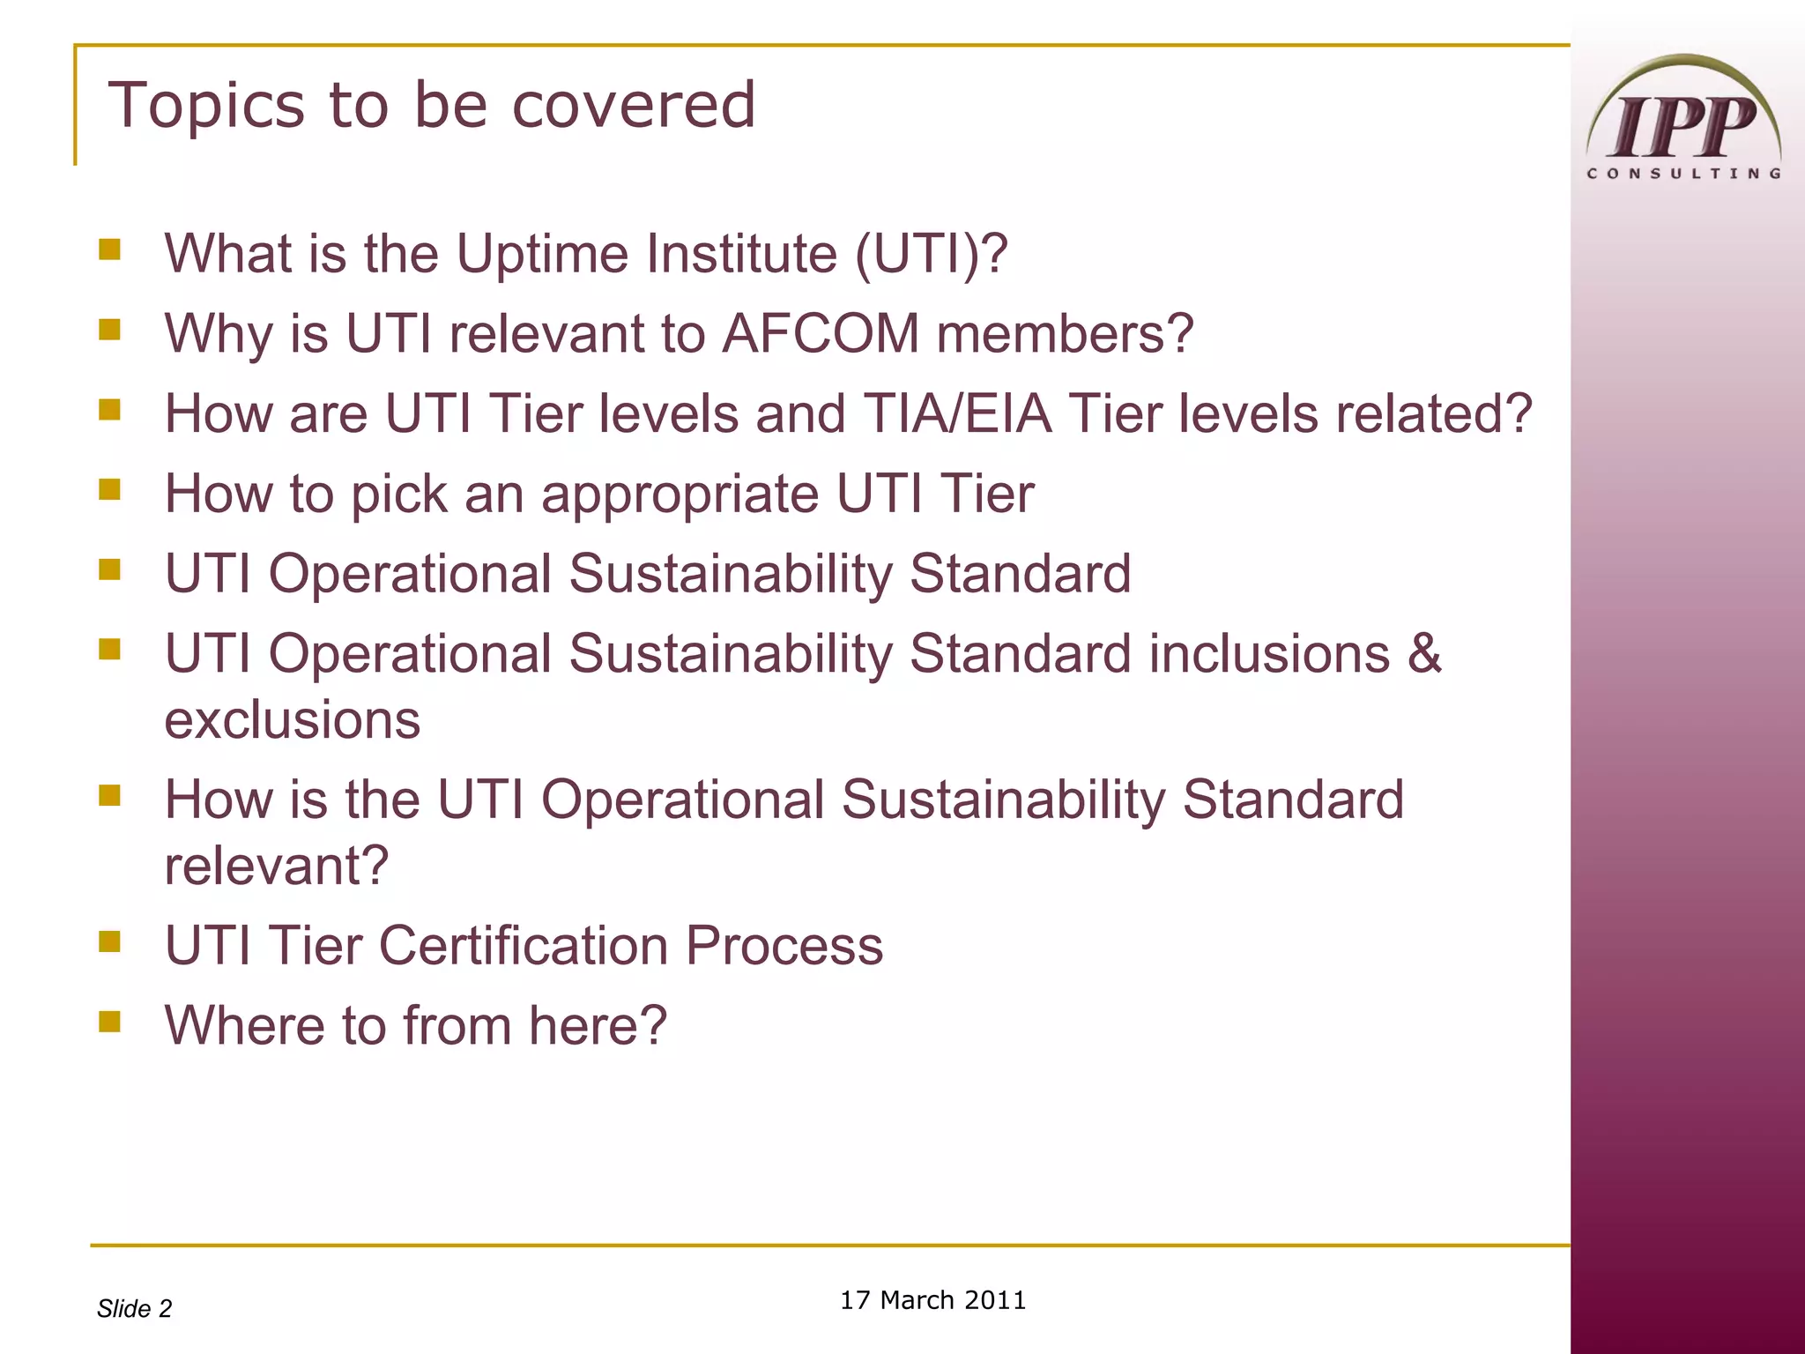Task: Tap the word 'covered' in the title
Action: click(x=634, y=106)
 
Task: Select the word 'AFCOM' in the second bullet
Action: click(x=821, y=334)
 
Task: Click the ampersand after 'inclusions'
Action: click(x=1423, y=654)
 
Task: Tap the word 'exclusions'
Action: click(x=293, y=720)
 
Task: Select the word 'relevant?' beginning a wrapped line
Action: click(x=277, y=866)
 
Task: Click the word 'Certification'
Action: click(x=524, y=946)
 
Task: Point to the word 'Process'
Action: click(x=784, y=946)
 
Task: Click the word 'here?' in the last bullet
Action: click(x=598, y=1026)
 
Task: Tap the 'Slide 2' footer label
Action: click(x=134, y=1309)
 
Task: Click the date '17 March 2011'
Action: click(x=932, y=1300)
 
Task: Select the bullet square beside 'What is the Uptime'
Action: click(x=109, y=250)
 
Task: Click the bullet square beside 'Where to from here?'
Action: click(x=109, y=1022)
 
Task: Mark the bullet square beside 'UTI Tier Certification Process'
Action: click(x=109, y=942)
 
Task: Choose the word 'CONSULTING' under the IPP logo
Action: click(x=1683, y=174)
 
